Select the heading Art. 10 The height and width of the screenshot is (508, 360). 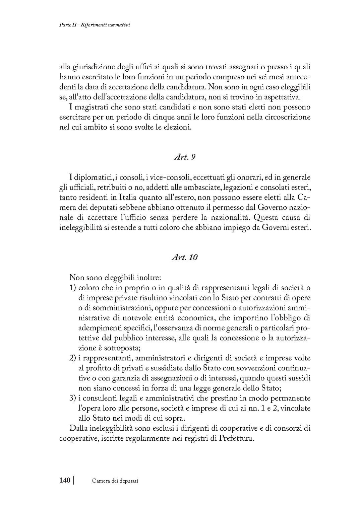[x=184, y=258]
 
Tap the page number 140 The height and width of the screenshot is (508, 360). [x=65, y=481]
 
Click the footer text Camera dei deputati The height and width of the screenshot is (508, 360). [x=115, y=481]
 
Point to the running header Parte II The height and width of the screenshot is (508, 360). [x=66, y=25]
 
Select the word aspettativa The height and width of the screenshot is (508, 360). [x=281, y=97]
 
